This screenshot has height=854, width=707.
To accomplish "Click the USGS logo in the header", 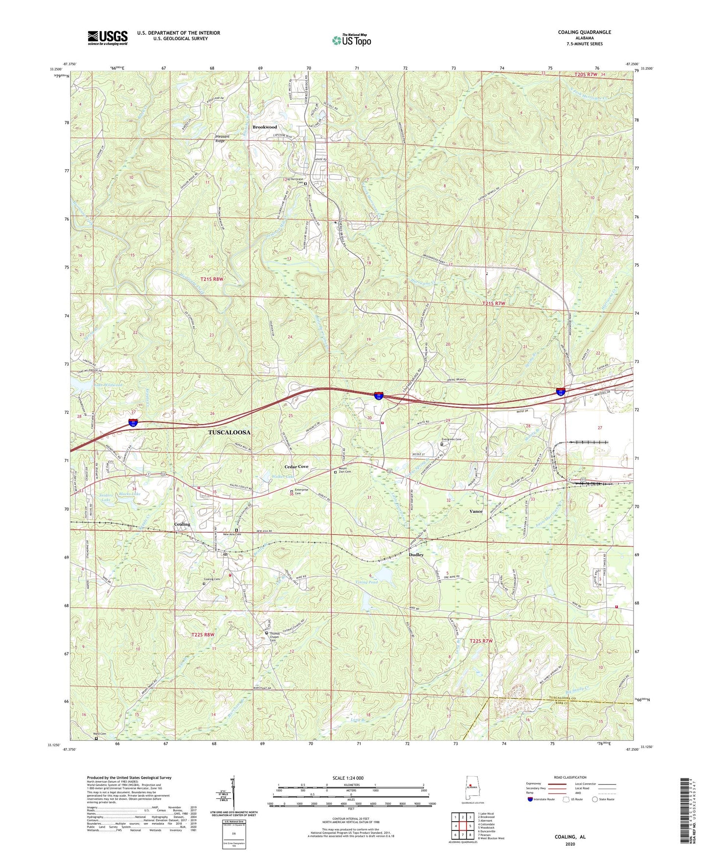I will (108, 38).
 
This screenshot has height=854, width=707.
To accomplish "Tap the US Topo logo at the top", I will (351, 40).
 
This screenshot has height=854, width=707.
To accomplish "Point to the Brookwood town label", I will (265, 127).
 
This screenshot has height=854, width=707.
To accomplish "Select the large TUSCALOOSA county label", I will (229, 432).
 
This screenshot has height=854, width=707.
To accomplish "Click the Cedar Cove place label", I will (296, 467).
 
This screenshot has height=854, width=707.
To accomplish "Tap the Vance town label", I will (476, 511).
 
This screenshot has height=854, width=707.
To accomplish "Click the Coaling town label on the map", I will (182, 524).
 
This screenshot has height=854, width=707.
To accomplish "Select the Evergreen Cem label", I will (451, 439).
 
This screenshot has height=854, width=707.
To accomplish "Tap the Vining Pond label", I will (366, 583).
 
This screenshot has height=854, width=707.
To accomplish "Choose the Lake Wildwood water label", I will (109, 385).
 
